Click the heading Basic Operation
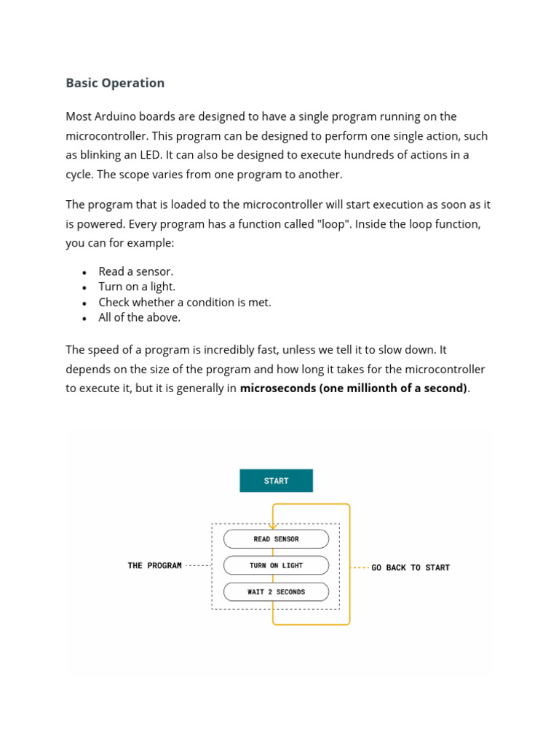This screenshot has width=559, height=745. click(115, 83)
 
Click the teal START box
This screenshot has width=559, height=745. click(276, 481)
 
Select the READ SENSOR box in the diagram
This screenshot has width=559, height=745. click(276, 539)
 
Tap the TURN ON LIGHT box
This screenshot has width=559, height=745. click(276, 565)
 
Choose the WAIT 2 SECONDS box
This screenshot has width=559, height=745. click(276, 592)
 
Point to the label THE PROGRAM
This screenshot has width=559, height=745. click(154, 565)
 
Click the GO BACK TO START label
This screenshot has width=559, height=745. click(411, 567)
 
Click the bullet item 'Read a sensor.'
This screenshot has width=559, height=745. click(135, 271)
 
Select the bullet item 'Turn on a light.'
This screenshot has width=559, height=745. click(137, 287)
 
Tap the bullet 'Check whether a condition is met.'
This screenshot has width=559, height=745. click(184, 302)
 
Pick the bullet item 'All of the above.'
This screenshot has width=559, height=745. click(139, 317)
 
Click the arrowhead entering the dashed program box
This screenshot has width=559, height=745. click(273, 526)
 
